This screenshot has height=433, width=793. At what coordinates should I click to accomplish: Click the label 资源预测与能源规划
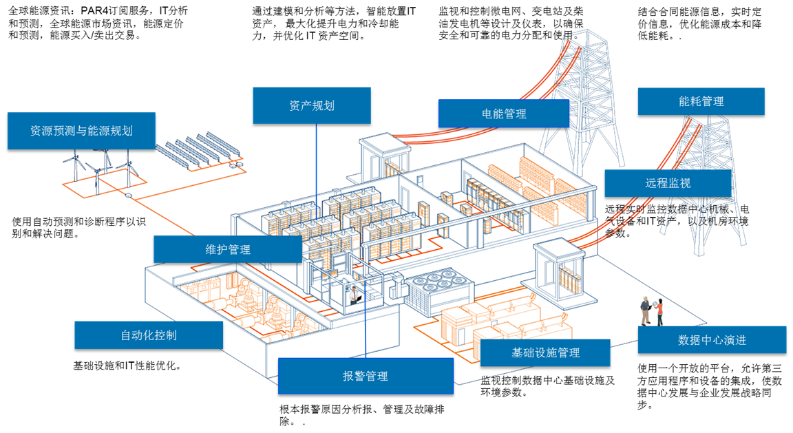(x=81, y=130)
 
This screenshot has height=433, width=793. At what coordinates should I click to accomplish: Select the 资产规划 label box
(x=312, y=105)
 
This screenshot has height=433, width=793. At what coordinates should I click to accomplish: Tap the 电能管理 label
(x=504, y=114)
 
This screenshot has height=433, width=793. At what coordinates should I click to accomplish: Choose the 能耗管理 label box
(x=701, y=101)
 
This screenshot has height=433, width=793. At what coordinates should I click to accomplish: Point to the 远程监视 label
(x=668, y=183)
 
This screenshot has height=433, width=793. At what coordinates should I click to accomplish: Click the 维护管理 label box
(x=228, y=249)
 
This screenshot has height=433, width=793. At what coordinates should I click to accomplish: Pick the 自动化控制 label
(x=149, y=335)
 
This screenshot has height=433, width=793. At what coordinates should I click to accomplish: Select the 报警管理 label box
(x=366, y=376)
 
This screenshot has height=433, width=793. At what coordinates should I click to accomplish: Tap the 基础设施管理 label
(x=545, y=352)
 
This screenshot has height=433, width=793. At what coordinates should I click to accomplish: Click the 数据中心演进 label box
(x=712, y=339)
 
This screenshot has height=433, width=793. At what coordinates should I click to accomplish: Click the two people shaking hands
(x=651, y=311)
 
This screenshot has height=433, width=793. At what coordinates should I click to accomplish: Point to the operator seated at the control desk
(x=354, y=295)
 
